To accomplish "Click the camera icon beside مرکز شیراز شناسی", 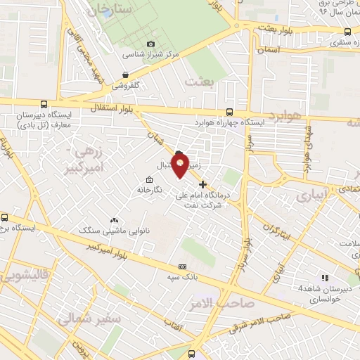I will (x=150, y=44).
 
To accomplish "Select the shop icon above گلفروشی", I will (x=125, y=75).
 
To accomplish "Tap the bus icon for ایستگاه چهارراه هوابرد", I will (x=230, y=111).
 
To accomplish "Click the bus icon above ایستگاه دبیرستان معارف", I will (x=44, y=103).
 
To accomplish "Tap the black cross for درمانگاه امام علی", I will (x=203, y=184).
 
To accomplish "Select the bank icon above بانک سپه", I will (x=183, y=267).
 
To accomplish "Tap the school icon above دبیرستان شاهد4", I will (x=324, y=278).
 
